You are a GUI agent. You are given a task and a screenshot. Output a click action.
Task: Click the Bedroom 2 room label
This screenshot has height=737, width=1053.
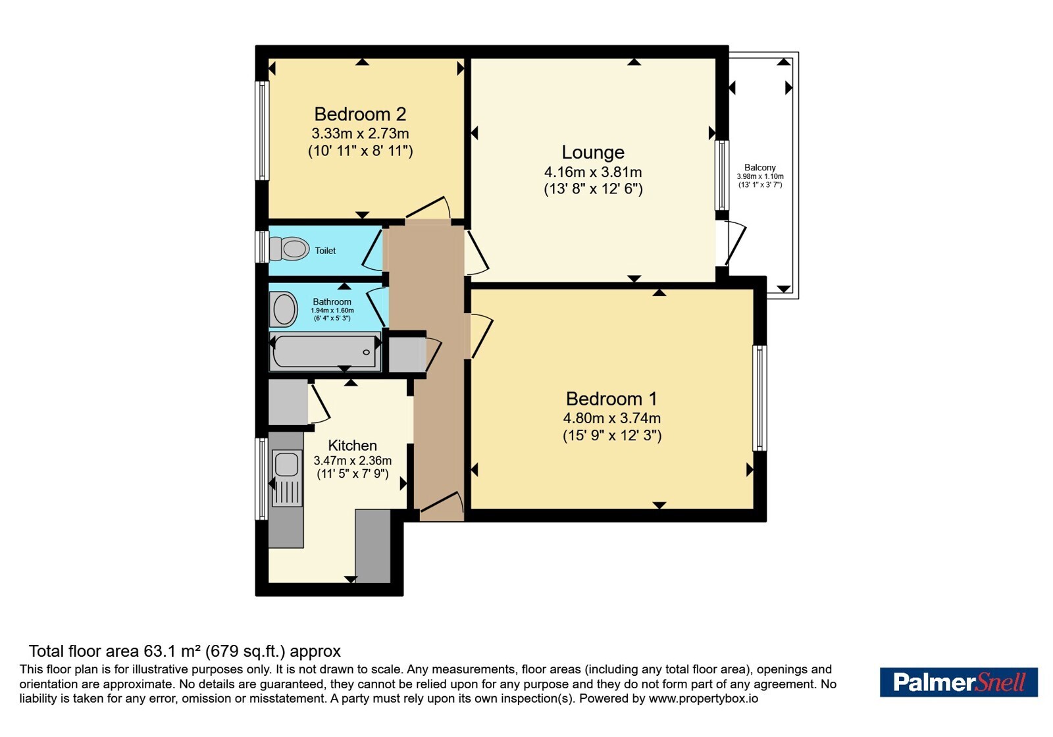click(360, 114)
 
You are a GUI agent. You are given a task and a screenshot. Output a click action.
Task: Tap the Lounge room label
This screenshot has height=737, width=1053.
click(593, 152)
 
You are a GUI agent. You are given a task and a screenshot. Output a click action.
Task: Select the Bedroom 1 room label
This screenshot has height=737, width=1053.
click(611, 399)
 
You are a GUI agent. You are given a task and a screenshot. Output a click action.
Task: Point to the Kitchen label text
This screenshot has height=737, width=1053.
click(352, 445)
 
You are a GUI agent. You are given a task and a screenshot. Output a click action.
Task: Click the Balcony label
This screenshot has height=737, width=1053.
click(759, 167)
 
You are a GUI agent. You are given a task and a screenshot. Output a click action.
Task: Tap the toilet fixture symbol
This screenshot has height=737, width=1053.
click(289, 248)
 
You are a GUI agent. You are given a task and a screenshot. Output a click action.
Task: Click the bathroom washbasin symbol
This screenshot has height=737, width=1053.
click(284, 309)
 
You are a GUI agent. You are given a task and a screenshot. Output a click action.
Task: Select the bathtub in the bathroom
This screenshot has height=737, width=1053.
click(325, 352)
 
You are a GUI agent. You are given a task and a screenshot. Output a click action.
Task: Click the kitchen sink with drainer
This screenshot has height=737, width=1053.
click(286, 478)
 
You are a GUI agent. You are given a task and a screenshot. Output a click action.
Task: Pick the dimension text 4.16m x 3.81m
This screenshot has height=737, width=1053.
click(593, 172)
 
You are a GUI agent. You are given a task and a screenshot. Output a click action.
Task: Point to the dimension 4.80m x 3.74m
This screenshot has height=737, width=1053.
click(611, 418)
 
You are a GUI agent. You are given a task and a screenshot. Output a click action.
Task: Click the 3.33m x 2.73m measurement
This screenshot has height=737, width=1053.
click(360, 134)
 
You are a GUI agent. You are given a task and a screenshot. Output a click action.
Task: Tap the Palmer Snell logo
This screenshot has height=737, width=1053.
click(958, 682)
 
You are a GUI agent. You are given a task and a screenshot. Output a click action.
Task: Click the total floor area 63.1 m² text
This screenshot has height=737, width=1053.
click(185, 651)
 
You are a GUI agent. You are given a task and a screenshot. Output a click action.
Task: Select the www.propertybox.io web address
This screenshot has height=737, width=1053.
click(704, 698)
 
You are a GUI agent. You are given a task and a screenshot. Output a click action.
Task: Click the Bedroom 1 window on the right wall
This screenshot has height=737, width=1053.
click(759, 398)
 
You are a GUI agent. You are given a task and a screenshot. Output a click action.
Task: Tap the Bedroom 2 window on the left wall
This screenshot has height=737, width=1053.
click(262, 131)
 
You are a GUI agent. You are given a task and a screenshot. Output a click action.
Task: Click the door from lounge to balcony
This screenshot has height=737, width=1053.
click(731, 244)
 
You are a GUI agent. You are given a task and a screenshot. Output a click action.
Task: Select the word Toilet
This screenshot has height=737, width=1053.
click(325, 251)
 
